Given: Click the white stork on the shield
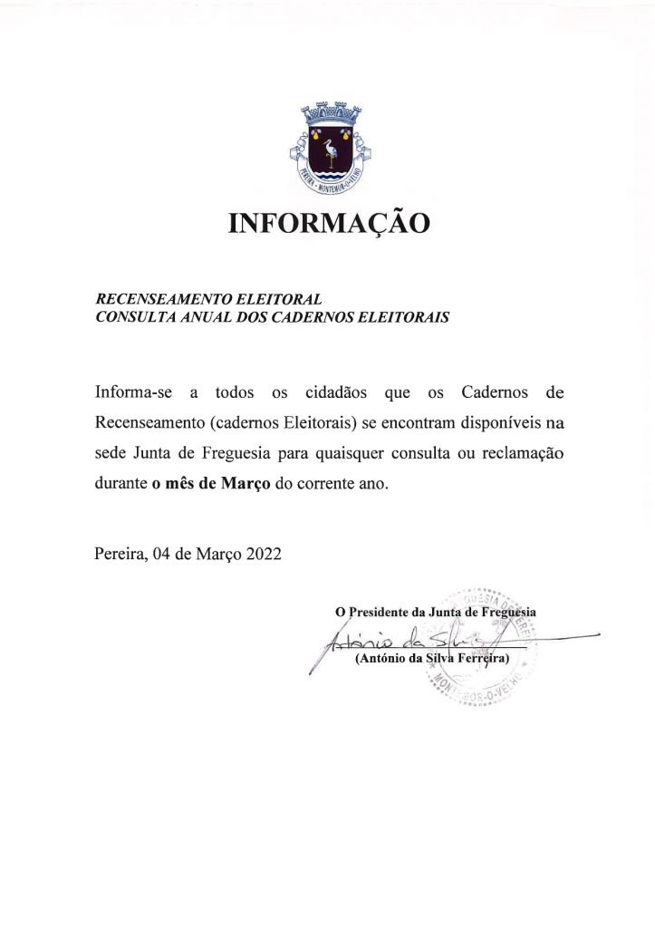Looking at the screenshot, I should [327, 150].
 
